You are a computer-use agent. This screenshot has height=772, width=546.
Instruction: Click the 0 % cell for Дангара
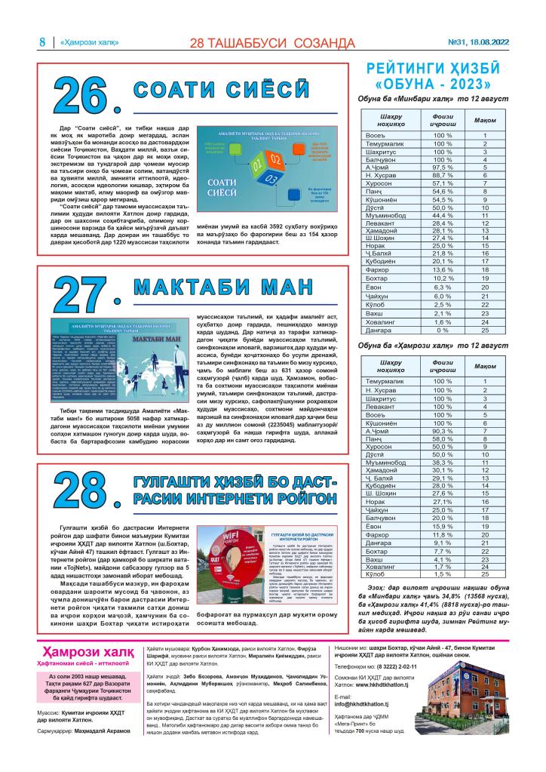pos(442,330)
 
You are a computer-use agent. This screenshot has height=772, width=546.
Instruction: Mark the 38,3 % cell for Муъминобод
pos(442,461)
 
